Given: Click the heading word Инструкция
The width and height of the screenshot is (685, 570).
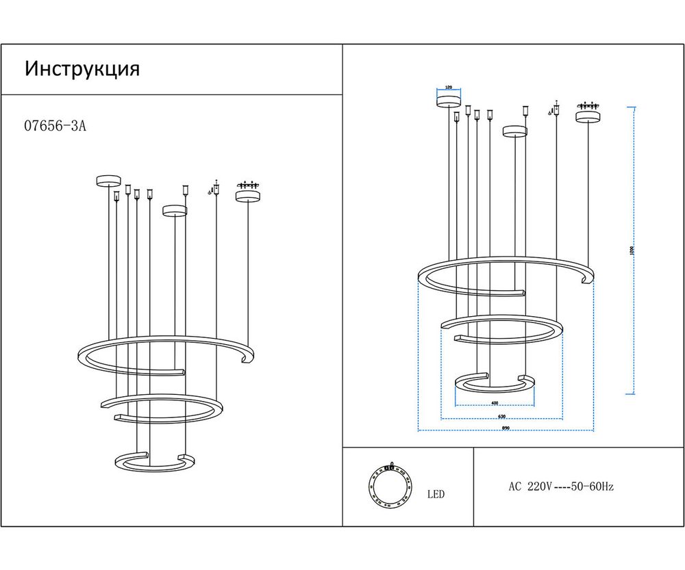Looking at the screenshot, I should pyautogui.click(x=82, y=69).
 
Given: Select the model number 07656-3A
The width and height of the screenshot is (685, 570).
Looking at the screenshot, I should pyautogui.click(x=55, y=126).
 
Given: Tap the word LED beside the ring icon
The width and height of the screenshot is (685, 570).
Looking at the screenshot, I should pyautogui.click(x=436, y=494).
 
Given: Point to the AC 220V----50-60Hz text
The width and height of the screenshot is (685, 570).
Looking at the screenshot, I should pyautogui.click(x=560, y=487).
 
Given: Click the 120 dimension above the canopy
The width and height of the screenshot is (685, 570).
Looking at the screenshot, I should pyautogui.click(x=449, y=88).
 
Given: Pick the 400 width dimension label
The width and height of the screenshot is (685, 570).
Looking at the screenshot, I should pyautogui.click(x=495, y=403).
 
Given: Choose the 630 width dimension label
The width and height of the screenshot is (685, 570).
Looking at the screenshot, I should pyautogui.click(x=501, y=416).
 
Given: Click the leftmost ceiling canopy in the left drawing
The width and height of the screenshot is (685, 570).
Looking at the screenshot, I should pyautogui.click(x=108, y=181).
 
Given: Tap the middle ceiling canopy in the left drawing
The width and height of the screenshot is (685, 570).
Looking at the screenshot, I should pyautogui.click(x=175, y=209).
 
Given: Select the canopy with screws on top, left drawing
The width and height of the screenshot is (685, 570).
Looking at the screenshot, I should pyautogui.click(x=247, y=195).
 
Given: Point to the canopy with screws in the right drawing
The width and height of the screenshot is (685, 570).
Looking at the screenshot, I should pyautogui.click(x=587, y=116).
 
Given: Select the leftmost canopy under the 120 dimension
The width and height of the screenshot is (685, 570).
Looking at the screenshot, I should pyautogui.click(x=449, y=102).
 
